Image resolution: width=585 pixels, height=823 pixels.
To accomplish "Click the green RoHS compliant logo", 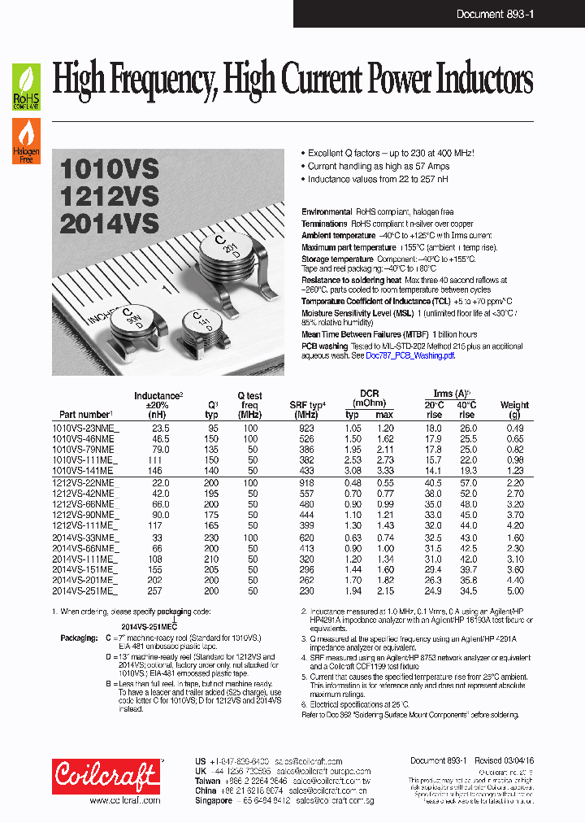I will pyautogui.click(x=26, y=87).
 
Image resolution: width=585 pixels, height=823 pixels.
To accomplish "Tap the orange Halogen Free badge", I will pyautogui.click(x=26, y=141).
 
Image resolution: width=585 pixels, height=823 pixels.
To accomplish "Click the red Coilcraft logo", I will pyautogui.click(x=106, y=775).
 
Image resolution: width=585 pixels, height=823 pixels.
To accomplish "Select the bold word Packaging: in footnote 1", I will pyautogui.click(x=79, y=639).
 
